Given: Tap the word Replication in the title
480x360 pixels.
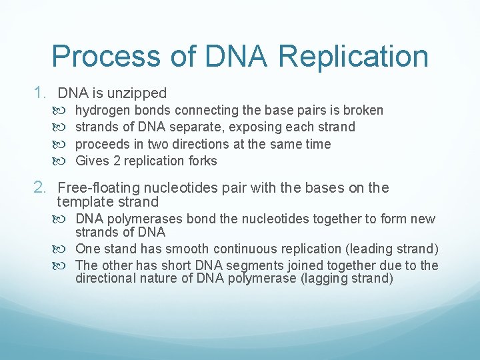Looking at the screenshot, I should click(x=353, y=57).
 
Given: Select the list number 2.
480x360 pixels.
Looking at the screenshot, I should click(x=41, y=188).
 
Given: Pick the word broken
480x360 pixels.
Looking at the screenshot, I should click(x=363, y=110).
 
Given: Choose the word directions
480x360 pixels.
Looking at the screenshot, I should click(x=196, y=144).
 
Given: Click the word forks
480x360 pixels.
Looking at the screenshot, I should click(x=202, y=161).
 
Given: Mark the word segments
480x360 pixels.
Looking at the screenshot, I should click(x=249, y=265).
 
